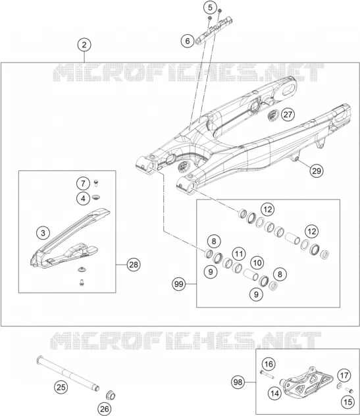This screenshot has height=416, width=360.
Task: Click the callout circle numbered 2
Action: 84,45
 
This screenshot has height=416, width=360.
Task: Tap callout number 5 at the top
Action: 210,8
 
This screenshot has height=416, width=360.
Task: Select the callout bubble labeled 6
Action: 188,41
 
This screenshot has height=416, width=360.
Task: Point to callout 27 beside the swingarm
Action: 288,115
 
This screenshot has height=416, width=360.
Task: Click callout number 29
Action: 317,170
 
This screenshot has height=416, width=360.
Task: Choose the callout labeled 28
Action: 134,265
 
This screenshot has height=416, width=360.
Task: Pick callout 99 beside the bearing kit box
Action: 179,284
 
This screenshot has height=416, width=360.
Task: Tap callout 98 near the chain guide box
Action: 238,382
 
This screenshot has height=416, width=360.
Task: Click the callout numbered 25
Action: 61,387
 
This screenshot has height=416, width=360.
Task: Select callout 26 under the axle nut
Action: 105,409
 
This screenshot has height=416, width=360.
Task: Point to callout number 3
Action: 43,233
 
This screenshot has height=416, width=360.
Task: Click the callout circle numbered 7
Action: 84,184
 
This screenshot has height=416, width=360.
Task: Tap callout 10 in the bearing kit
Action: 257,263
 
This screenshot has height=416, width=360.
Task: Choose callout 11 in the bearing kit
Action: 239,254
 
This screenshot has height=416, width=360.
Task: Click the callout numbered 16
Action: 269,364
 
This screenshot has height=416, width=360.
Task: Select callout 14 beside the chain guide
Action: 274,393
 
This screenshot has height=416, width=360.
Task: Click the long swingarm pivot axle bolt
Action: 68,373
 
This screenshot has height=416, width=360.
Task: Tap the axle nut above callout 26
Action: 110,395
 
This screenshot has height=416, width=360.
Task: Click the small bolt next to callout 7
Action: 96,183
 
